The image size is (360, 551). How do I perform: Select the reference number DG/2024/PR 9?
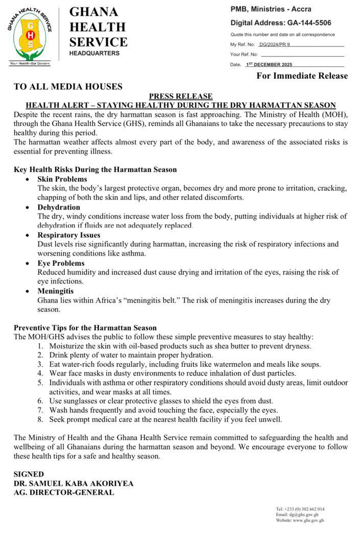tap(274, 45)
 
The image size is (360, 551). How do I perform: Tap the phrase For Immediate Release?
tap(302, 76)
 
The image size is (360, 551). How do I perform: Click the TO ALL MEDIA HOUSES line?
tap(68, 87)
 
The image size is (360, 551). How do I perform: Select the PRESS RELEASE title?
tap(181, 96)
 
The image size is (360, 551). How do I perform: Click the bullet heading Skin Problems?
tap(62, 180)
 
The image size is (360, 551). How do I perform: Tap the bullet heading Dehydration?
tap(59, 207)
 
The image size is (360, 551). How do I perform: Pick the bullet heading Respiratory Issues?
tap(69, 235)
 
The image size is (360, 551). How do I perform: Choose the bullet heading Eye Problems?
tap(61, 263)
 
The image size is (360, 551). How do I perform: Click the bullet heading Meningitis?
tap(56, 291)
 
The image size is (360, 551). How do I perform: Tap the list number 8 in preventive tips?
tap(40, 419)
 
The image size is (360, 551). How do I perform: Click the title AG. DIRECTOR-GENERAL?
tap(64, 492)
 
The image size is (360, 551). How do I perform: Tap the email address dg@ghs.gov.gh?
tap(304, 515)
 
